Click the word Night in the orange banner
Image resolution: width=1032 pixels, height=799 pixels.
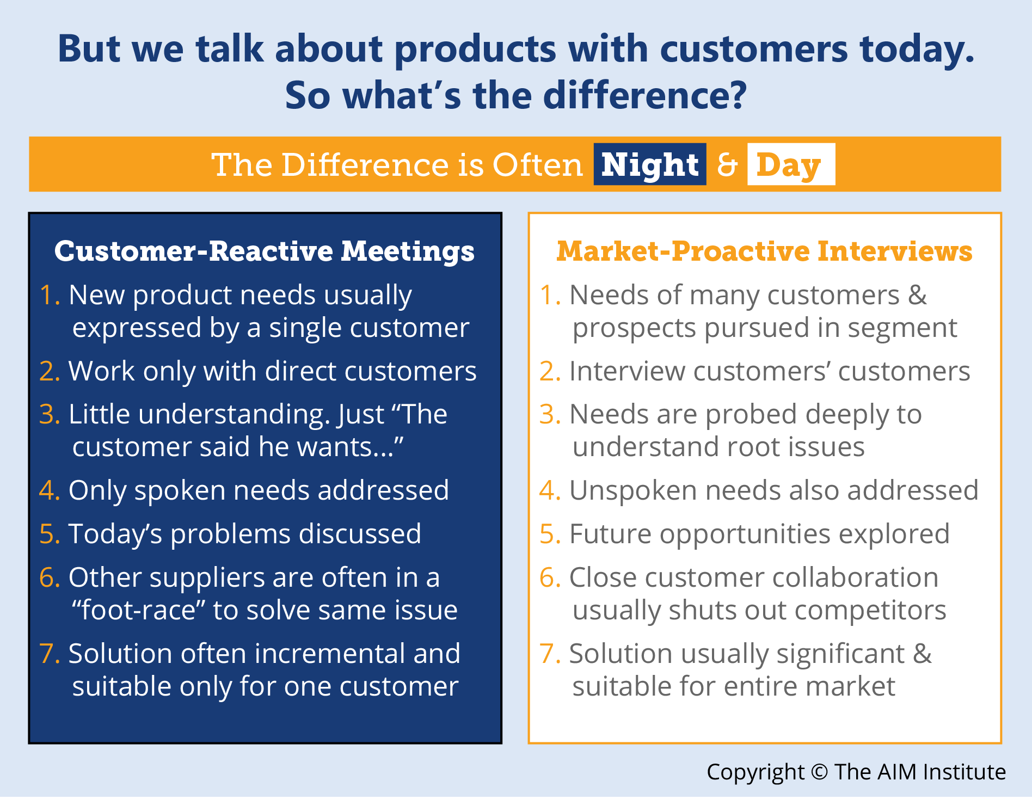(650, 164)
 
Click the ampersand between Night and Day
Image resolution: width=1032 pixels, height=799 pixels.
(727, 164)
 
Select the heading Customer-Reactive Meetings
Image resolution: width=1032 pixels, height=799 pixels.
(265, 251)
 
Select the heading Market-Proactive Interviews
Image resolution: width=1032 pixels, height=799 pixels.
(764, 251)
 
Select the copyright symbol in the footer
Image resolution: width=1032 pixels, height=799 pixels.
(819, 772)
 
